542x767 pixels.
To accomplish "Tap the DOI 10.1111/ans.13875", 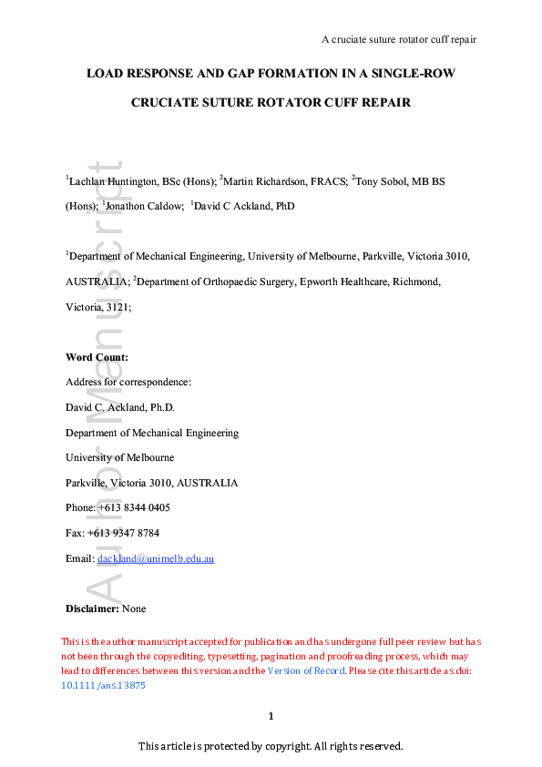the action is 103,688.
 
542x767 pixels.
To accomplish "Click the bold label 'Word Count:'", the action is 97,357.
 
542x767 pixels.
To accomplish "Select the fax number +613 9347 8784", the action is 128,533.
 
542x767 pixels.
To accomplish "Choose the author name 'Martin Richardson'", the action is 267,182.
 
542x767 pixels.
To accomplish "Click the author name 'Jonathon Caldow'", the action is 147,207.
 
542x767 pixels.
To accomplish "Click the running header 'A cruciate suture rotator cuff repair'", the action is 399,39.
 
